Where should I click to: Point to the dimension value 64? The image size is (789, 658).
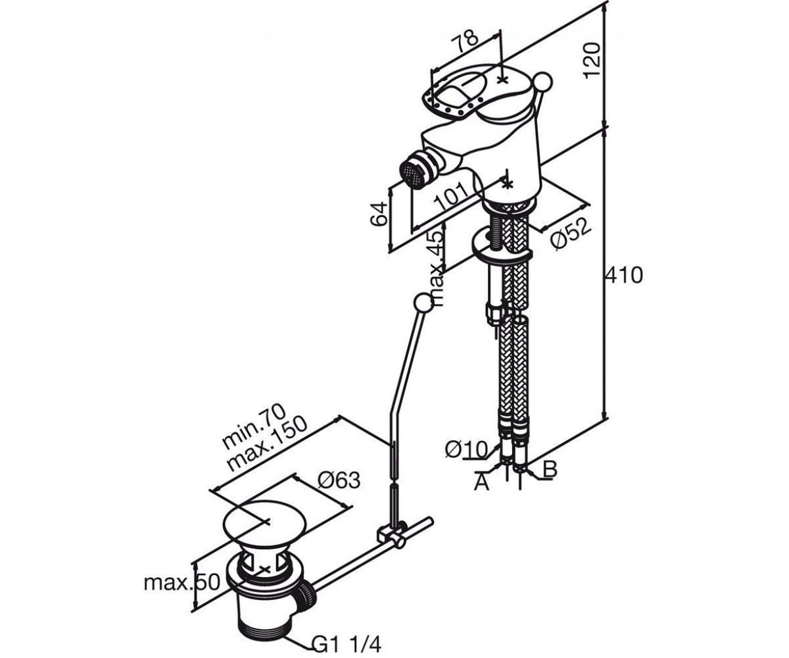click(x=378, y=215)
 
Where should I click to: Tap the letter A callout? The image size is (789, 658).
click(x=481, y=483)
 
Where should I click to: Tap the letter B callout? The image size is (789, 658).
click(x=550, y=469)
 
